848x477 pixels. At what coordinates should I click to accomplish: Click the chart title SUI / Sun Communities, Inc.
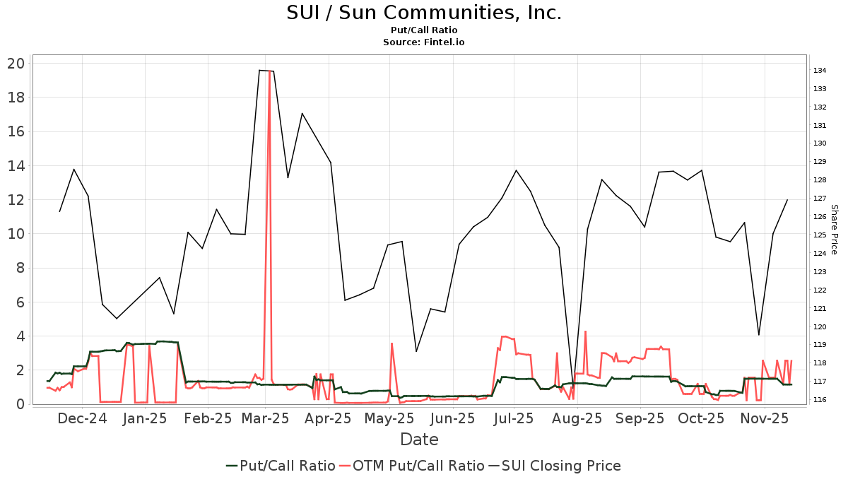424,13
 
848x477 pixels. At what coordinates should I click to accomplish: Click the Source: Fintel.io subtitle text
424,42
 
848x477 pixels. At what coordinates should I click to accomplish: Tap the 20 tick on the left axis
16,64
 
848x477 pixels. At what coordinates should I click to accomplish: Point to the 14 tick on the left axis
16,166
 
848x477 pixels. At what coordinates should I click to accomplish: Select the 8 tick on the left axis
19,269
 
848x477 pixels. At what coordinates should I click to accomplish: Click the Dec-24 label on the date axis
83,418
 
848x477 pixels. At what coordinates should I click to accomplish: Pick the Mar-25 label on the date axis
265,418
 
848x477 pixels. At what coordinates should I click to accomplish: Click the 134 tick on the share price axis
820,71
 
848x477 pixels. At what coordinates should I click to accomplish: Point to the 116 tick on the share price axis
820,400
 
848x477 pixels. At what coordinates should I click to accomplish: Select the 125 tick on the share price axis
820,235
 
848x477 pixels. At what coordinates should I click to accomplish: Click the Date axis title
419,440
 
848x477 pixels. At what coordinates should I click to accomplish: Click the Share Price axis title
834,230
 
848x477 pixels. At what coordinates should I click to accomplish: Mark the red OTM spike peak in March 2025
269,71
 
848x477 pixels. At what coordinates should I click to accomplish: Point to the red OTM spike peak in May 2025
391,343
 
